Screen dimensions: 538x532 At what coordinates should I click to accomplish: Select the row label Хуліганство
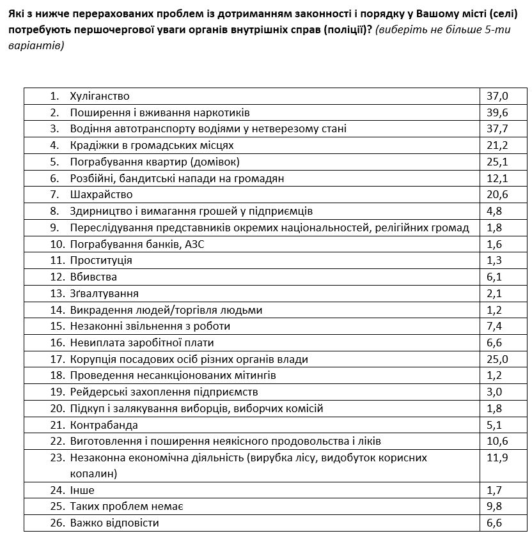(100, 96)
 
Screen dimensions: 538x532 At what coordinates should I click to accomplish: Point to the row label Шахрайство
(101, 194)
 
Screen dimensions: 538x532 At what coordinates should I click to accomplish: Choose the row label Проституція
(101, 260)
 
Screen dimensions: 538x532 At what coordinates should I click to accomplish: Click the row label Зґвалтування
(104, 293)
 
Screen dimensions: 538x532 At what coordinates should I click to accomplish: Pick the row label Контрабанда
(104, 425)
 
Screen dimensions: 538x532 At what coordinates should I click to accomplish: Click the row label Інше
(82, 491)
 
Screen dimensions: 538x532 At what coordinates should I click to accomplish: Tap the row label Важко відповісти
(114, 523)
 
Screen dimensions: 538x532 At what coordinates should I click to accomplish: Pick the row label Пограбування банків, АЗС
(137, 244)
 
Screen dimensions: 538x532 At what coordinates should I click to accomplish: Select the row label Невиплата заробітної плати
(137, 342)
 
